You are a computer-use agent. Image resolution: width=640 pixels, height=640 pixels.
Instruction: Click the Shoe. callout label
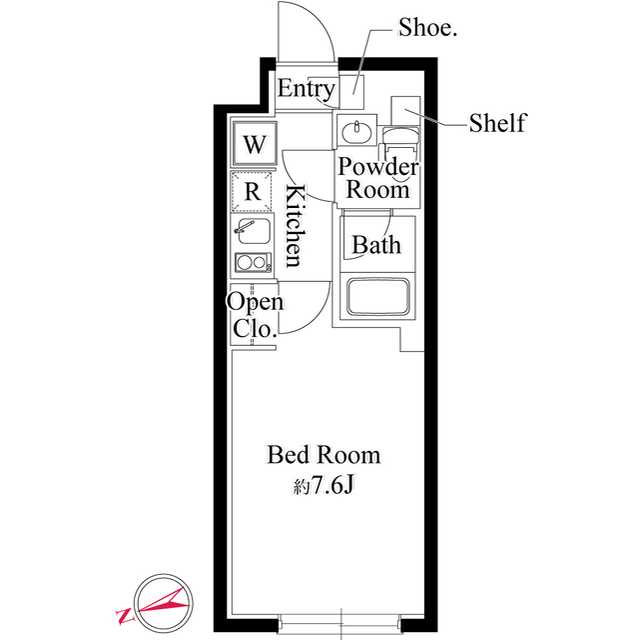[x=427, y=28]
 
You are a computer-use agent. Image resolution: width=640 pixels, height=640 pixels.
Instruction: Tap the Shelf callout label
[x=498, y=122]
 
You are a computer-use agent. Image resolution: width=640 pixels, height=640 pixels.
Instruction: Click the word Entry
[x=306, y=89]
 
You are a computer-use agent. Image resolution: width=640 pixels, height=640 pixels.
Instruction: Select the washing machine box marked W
[x=254, y=143]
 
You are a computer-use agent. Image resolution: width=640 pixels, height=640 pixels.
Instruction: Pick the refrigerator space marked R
[x=252, y=191]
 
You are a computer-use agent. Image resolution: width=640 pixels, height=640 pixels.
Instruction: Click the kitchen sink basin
[x=253, y=231]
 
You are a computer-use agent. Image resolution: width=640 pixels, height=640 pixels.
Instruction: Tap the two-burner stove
[x=253, y=262]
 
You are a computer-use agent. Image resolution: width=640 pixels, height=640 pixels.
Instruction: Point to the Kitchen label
[x=295, y=225]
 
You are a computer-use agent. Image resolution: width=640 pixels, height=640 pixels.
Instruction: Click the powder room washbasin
[x=356, y=131]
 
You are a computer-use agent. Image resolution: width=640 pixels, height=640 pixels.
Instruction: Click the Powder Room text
[x=378, y=178]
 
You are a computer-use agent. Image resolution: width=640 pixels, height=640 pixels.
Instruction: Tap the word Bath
[x=376, y=245]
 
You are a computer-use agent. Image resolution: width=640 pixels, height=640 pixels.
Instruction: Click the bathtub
[x=378, y=297]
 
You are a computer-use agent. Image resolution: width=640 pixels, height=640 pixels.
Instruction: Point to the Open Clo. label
[x=255, y=315]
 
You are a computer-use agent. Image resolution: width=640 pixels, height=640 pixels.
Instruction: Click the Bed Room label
[x=324, y=455]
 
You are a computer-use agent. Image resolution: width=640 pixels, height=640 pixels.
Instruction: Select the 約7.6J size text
[x=323, y=485]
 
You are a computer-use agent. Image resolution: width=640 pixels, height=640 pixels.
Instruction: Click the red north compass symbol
[x=163, y=603]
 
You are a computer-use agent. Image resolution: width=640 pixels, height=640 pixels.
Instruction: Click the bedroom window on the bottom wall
[x=341, y=624]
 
